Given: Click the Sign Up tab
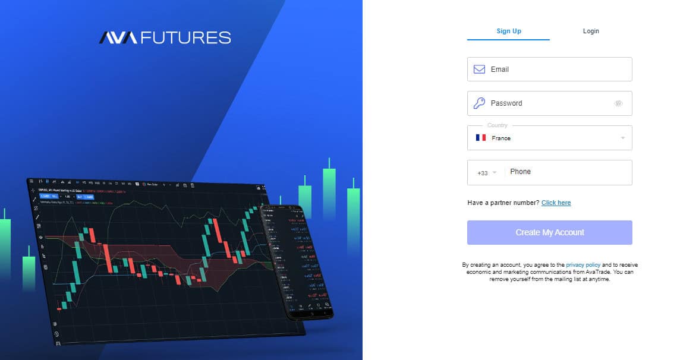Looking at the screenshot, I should (509, 31).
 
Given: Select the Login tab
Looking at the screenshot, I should (591, 31).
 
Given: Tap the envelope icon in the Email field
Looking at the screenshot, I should (479, 70).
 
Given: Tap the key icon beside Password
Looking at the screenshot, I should (479, 103).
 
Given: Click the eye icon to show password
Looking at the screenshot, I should (618, 103).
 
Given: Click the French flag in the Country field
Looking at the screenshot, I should (481, 138).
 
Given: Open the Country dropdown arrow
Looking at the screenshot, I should (622, 138).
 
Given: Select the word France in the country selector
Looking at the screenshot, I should (501, 138).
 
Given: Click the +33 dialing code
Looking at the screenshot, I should (483, 173).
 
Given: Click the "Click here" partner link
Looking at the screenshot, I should (556, 203).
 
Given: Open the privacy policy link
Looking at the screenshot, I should (583, 265).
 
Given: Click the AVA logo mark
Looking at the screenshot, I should (118, 38).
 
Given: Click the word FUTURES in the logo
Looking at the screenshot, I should (185, 38).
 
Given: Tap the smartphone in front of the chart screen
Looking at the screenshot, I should (298, 261).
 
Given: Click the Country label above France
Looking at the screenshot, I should (497, 125).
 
